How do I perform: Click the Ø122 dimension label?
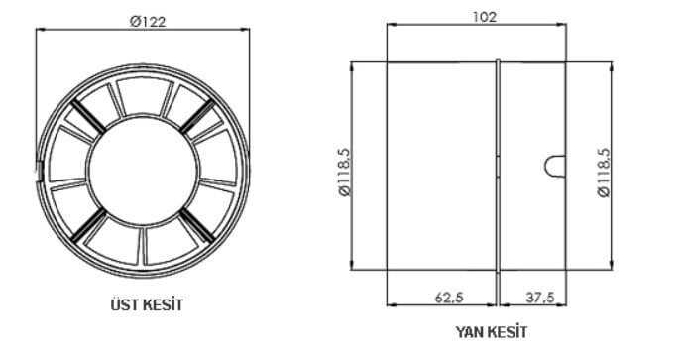click(x=148, y=21)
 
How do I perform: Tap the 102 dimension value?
click(x=485, y=17)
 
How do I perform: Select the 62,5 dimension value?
click(x=449, y=298)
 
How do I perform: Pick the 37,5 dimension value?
click(x=539, y=298)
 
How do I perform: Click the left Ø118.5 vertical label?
click(x=345, y=173)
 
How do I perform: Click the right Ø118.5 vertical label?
click(x=604, y=173)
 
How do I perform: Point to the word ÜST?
click(x=123, y=304)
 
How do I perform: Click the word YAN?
click(x=469, y=332)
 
